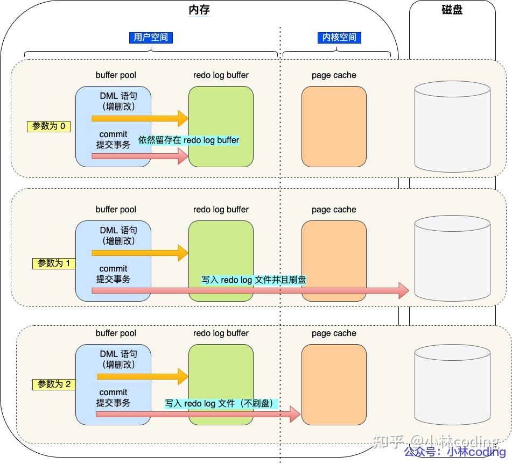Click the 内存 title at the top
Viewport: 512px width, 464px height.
(x=199, y=10)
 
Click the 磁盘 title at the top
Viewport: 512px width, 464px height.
(x=452, y=10)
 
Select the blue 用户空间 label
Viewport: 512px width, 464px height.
(x=151, y=38)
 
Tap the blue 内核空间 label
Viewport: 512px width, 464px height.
(x=339, y=38)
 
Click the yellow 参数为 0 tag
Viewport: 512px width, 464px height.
(x=48, y=126)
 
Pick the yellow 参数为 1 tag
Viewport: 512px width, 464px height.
(x=54, y=263)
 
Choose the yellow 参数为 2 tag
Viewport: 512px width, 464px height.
(x=54, y=384)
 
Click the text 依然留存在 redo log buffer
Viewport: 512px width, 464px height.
(x=189, y=140)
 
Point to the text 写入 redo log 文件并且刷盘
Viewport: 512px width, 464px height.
(x=254, y=280)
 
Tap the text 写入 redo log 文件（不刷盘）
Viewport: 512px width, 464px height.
(x=221, y=404)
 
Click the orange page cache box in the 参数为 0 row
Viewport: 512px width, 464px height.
(x=334, y=126)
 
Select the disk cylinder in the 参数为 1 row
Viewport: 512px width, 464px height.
(x=452, y=257)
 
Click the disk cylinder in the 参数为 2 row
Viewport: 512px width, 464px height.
(x=452, y=385)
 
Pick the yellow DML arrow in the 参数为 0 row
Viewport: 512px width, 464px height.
(x=140, y=118)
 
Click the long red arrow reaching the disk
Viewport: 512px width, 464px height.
(x=250, y=290)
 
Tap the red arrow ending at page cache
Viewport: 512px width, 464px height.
(x=198, y=414)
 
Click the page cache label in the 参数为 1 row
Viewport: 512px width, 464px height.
(x=334, y=209)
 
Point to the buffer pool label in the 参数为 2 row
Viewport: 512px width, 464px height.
(x=116, y=333)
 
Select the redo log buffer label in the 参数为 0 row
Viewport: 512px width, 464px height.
(x=221, y=75)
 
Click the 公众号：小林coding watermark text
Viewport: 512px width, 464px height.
(x=454, y=452)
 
